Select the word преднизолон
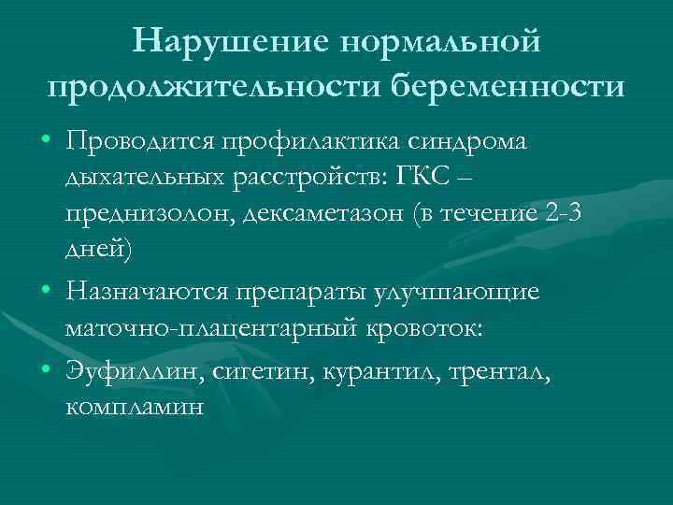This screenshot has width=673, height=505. pos(149,214)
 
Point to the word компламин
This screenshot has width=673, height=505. pos(135,409)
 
